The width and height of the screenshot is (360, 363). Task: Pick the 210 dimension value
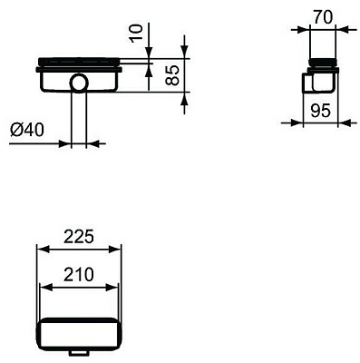click(x=77, y=273)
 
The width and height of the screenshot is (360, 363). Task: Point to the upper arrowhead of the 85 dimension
click(x=184, y=58)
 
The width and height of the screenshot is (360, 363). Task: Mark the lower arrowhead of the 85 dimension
click(x=184, y=91)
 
